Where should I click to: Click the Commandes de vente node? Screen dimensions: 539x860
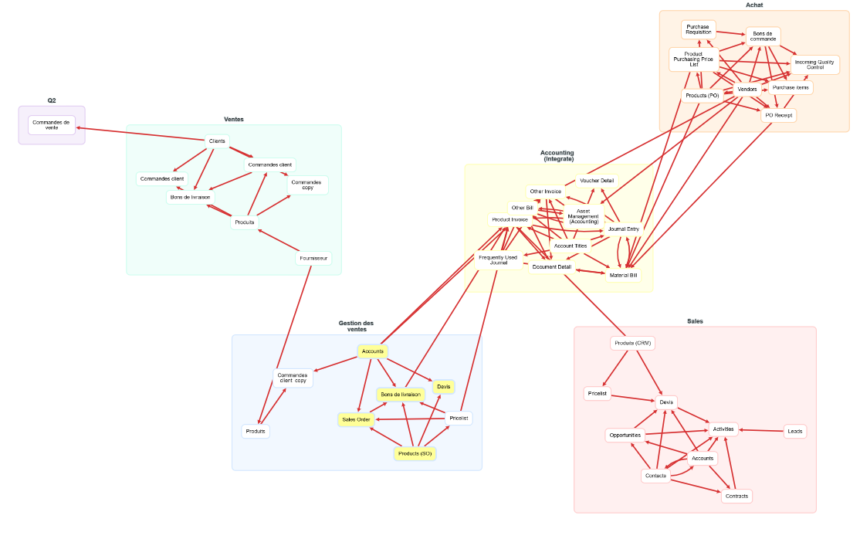(x=52, y=124)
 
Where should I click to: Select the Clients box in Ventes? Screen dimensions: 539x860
(x=218, y=141)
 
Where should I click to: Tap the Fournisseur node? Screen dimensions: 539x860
(x=313, y=258)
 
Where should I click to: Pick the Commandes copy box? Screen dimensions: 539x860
(x=306, y=185)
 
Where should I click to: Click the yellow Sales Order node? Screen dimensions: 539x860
(x=357, y=419)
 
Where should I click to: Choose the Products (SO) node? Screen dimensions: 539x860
(x=415, y=453)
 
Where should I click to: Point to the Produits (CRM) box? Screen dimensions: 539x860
(x=633, y=343)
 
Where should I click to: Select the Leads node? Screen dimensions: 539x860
(x=795, y=432)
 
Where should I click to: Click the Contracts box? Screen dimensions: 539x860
(x=736, y=496)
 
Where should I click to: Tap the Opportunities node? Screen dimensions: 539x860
(x=625, y=436)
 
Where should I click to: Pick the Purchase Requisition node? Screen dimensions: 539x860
(x=698, y=30)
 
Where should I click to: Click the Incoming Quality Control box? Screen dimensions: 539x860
(x=814, y=65)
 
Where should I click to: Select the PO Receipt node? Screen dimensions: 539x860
(x=778, y=115)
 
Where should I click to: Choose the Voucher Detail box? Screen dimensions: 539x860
(x=597, y=180)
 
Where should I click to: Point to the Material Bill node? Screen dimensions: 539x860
(x=624, y=275)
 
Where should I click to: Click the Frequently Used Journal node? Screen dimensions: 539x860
(x=498, y=259)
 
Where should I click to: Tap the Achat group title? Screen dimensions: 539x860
(x=753, y=5)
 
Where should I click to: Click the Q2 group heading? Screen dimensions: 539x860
(x=52, y=100)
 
